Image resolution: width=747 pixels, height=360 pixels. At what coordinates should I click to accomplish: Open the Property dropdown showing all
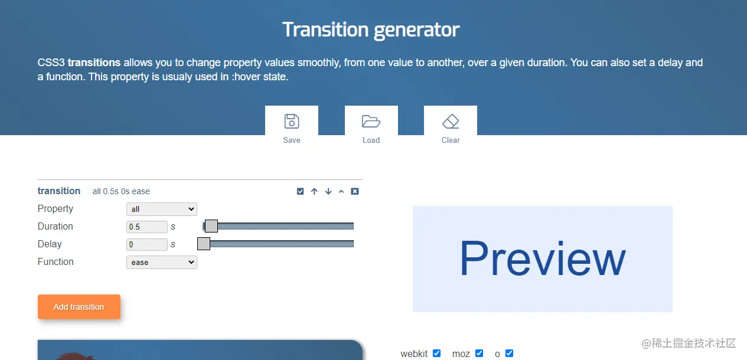162,209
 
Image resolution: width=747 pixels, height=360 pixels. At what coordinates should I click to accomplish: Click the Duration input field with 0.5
146,227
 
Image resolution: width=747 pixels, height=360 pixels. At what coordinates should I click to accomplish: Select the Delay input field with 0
146,244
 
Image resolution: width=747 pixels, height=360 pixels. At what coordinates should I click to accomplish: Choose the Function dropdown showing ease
162,263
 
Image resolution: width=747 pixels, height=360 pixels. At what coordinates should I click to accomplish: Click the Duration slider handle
211,226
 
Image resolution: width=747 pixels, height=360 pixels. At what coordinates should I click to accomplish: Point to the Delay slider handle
204,244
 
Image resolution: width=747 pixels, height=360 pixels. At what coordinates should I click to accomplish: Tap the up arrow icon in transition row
314,191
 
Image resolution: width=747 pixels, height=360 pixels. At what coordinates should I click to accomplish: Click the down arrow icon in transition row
328,191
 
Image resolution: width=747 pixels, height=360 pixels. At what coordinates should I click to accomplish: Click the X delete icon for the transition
355,191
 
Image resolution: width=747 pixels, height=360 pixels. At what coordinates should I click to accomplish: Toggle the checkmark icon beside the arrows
300,191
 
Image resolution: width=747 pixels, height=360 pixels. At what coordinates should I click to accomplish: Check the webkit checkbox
437,353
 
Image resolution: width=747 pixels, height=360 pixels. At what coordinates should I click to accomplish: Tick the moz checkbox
479,353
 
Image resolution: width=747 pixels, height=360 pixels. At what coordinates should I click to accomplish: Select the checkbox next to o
509,353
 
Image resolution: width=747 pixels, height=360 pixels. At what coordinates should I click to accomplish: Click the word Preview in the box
543,258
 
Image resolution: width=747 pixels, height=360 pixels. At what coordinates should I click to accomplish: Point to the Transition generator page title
371,30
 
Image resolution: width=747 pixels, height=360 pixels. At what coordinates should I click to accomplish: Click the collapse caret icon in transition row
341,191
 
